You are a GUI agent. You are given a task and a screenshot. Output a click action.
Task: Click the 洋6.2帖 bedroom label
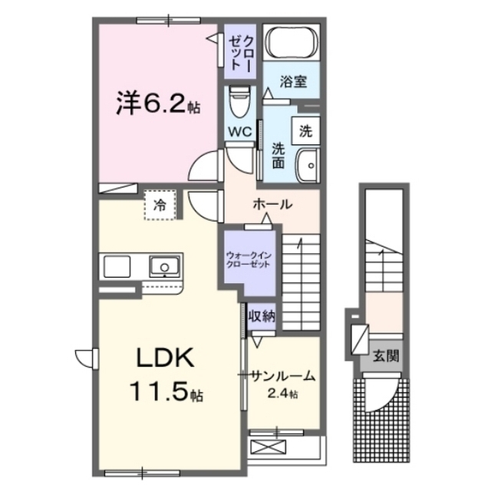(158, 104)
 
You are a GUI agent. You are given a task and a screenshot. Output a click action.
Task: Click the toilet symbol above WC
(239, 101)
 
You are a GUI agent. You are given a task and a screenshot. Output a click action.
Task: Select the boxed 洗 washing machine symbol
(305, 130)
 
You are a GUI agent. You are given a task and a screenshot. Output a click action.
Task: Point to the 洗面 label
(278, 156)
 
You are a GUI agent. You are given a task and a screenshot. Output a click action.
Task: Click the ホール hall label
(272, 205)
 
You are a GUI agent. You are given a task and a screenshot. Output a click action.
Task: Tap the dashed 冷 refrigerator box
(160, 204)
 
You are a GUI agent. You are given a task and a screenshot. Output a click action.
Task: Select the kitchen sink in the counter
(163, 267)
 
